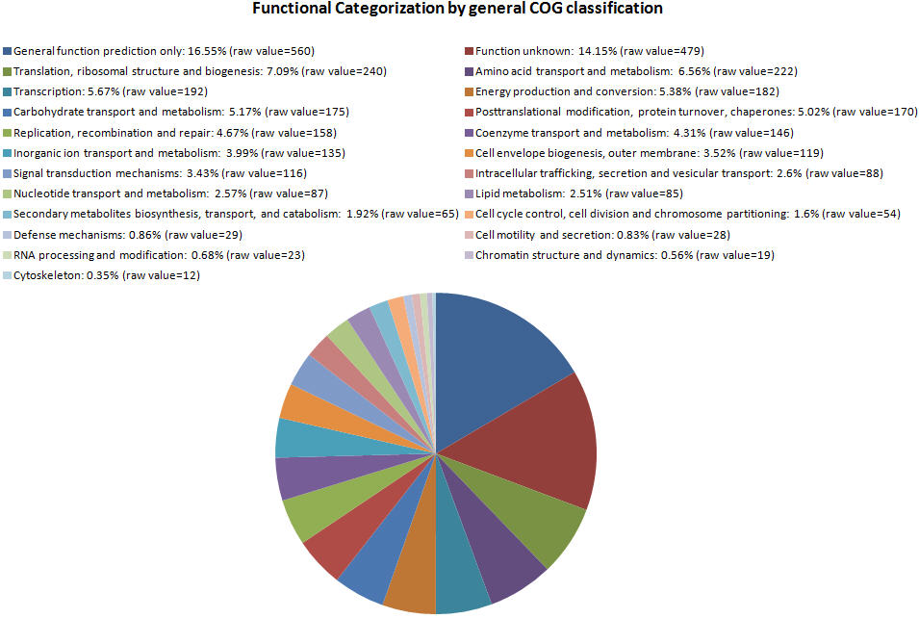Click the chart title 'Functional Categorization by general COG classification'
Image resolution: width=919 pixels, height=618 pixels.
(x=457, y=10)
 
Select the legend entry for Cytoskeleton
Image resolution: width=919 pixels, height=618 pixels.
(x=107, y=275)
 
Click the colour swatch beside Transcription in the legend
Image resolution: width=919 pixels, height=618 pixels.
(x=8, y=91)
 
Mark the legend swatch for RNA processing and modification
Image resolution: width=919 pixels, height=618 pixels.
(x=8, y=255)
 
